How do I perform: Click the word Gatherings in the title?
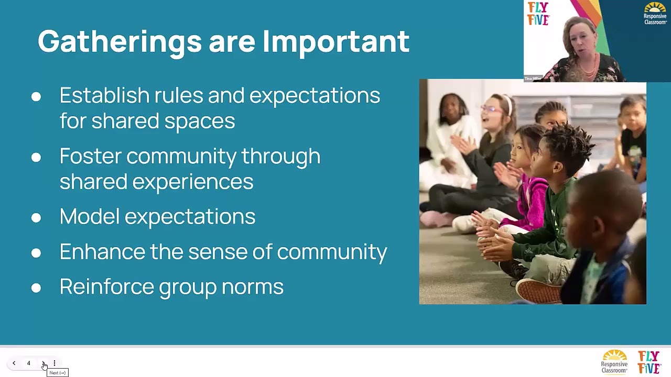[120, 42]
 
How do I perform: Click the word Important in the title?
[335, 42]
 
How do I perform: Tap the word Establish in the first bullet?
[104, 96]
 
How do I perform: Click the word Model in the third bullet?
[89, 217]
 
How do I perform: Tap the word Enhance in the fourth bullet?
[102, 252]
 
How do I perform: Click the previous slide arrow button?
[14, 363]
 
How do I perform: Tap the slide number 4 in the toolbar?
[29, 363]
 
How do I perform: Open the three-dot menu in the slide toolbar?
[54, 363]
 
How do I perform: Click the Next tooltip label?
[58, 373]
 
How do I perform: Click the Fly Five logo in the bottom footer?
[649, 362]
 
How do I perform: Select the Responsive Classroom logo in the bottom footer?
[614, 362]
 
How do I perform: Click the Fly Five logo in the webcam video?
[538, 14]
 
